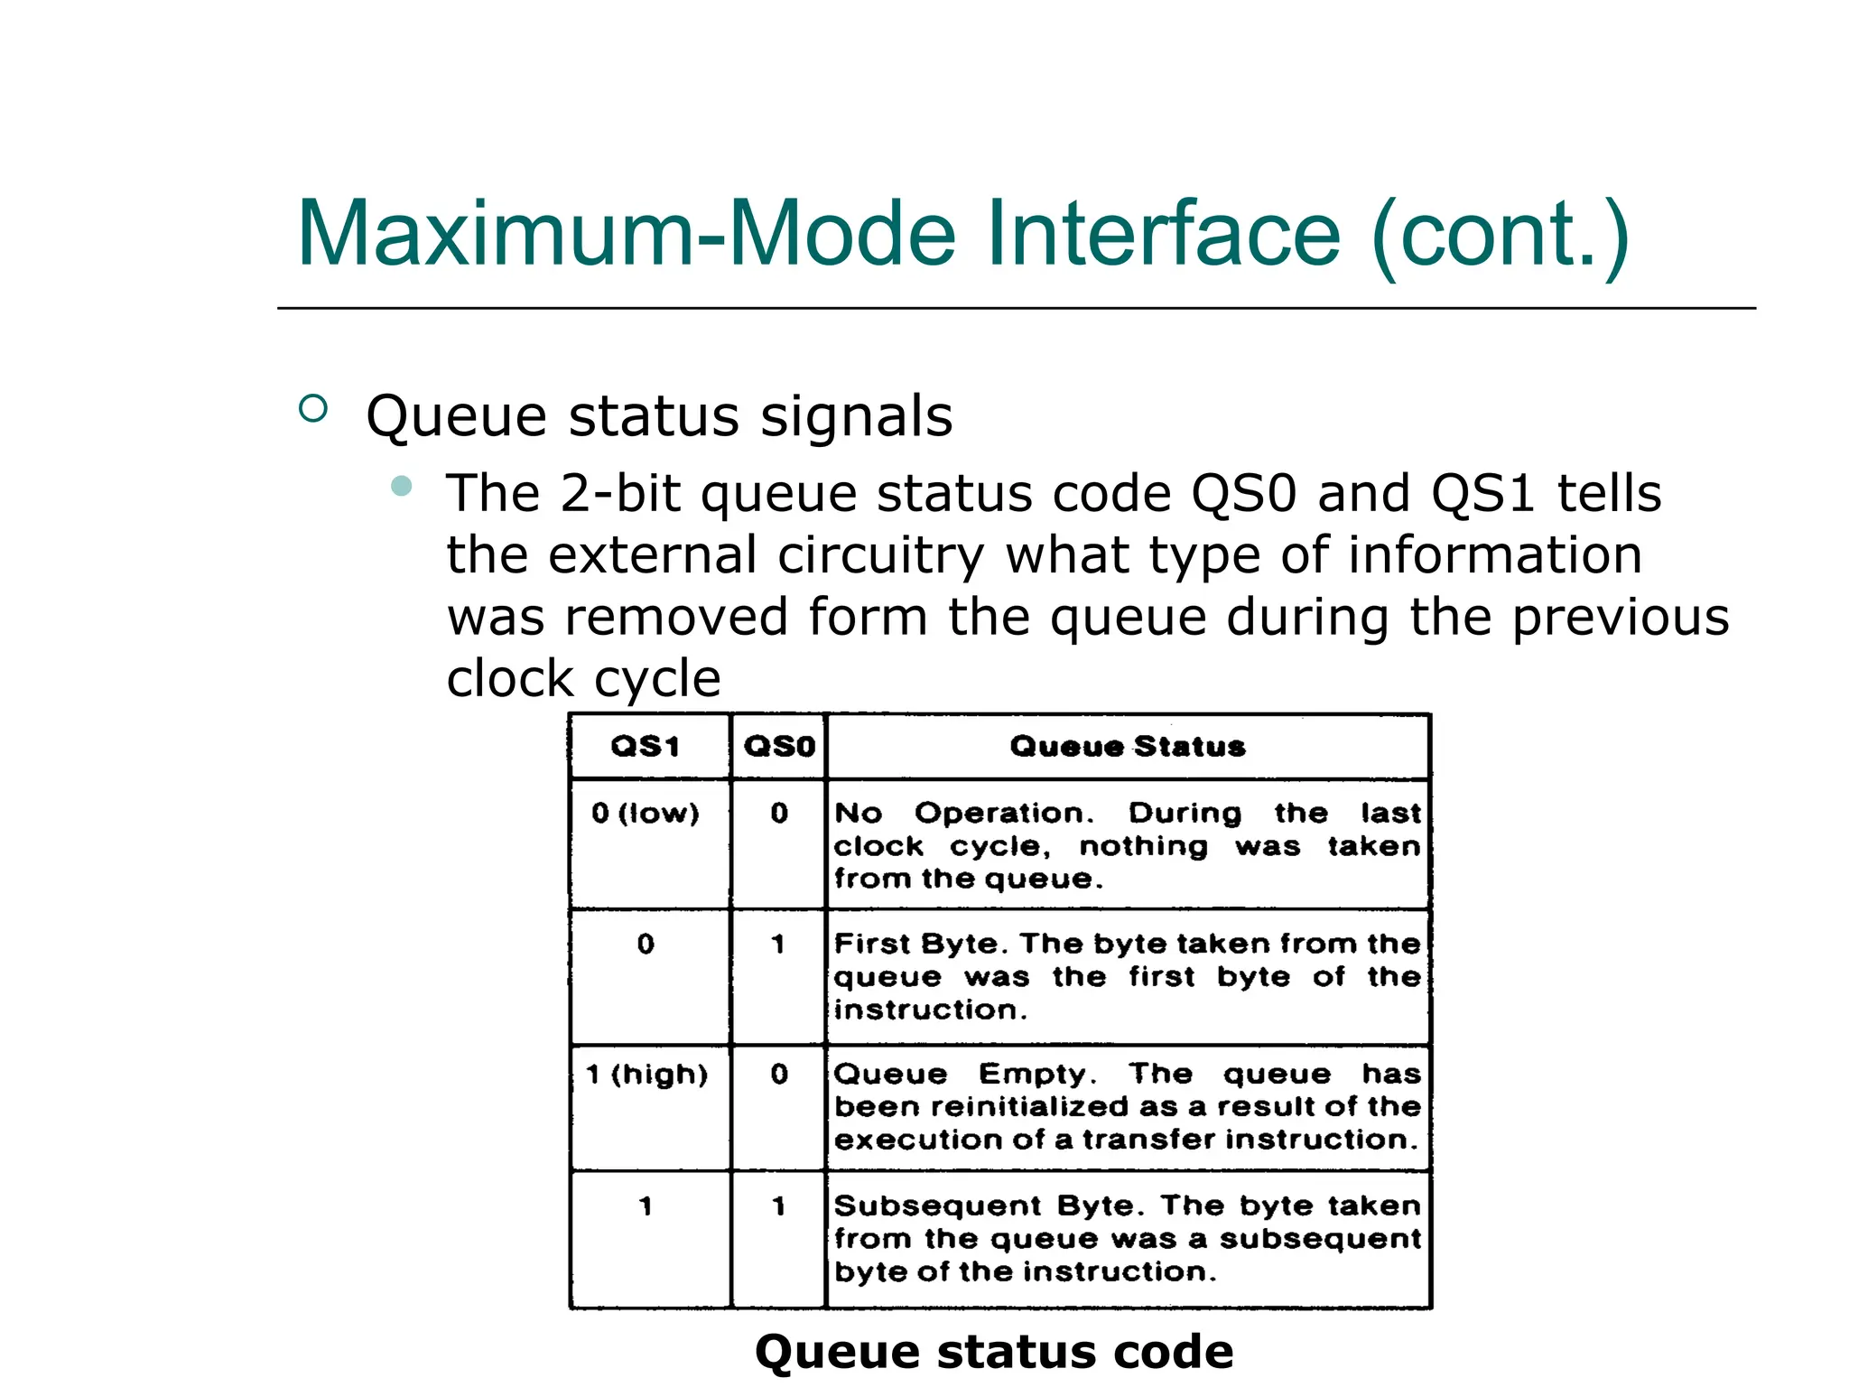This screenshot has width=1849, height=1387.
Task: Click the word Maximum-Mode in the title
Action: tap(626, 234)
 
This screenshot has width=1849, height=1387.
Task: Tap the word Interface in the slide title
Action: tap(1163, 234)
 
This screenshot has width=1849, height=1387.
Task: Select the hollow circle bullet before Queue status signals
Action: tap(312, 409)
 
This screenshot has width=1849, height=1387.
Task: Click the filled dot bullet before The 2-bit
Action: tap(402, 487)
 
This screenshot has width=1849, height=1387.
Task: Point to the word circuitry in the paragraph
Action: tap(880, 554)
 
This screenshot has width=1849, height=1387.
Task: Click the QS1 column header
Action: tap(646, 746)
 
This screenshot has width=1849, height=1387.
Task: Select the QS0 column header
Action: tap(779, 746)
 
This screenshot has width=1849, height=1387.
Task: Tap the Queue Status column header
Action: tap(1128, 746)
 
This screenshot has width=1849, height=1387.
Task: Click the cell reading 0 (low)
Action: tap(646, 813)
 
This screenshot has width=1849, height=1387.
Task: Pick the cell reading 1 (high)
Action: tap(646, 1074)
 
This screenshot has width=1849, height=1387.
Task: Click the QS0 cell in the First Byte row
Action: tap(778, 944)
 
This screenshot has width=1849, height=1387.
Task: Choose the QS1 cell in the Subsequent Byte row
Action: tap(646, 1205)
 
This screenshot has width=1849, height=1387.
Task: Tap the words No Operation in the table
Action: tap(962, 813)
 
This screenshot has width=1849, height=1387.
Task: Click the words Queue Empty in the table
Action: tap(964, 1074)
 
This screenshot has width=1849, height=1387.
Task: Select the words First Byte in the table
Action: tap(921, 944)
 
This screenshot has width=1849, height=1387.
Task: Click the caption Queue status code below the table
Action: tap(994, 1351)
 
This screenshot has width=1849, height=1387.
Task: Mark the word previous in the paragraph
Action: tap(1620, 617)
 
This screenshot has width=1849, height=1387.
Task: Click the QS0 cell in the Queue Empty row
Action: tap(779, 1074)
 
